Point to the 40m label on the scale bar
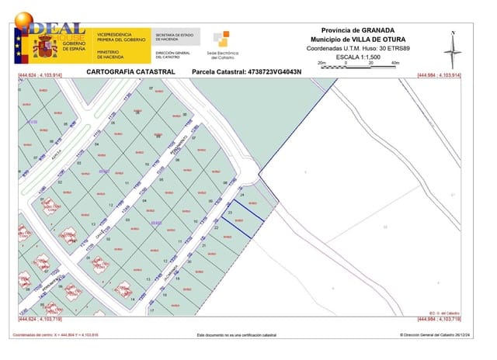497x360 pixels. pyautogui.click(x=394, y=63)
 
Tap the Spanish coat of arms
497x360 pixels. pyautogui.click(x=44, y=47)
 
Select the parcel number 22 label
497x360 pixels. pyautogui.click(x=216, y=228)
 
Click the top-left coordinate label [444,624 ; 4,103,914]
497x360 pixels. pyautogui.click(x=40, y=75)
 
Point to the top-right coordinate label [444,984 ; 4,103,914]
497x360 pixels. pyautogui.click(x=439, y=75)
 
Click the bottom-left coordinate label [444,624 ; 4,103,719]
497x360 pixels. pyautogui.click(x=40, y=319)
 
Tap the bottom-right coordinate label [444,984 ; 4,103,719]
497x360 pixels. pyautogui.click(x=439, y=319)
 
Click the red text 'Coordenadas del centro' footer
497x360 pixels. pyautogui.click(x=54, y=335)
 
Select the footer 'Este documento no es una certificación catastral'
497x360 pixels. pyautogui.click(x=236, y=335)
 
